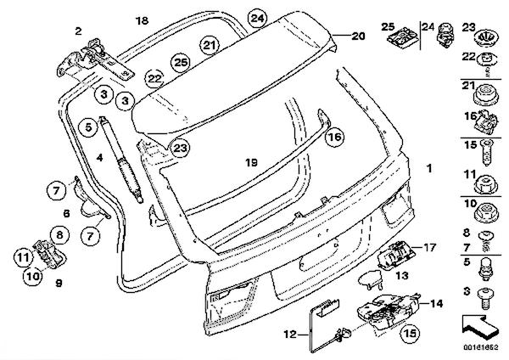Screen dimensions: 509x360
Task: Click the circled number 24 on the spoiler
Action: (257, 19)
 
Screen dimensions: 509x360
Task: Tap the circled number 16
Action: (335, 137)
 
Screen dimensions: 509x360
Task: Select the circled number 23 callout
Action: (180, 148)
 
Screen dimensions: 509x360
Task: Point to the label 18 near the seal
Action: (142, 21)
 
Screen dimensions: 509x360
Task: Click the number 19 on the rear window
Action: (251, 162)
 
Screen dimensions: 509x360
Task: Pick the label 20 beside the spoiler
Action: (358, 36)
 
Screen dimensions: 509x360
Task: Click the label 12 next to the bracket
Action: (290, 334)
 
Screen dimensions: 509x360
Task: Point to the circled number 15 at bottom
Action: (410, 334)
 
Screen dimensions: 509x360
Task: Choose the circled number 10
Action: (33, 276)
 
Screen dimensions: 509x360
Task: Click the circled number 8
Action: (59, 234)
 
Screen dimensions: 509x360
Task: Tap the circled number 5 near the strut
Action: (88, 127)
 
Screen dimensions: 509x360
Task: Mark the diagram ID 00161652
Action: (480, 347)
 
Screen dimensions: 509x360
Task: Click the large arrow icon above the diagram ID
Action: (479, 325)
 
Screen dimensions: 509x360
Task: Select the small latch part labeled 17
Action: (395, 256)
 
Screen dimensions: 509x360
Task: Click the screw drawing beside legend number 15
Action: (487, 152)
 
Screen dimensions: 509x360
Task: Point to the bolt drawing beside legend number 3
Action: (485, 298)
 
